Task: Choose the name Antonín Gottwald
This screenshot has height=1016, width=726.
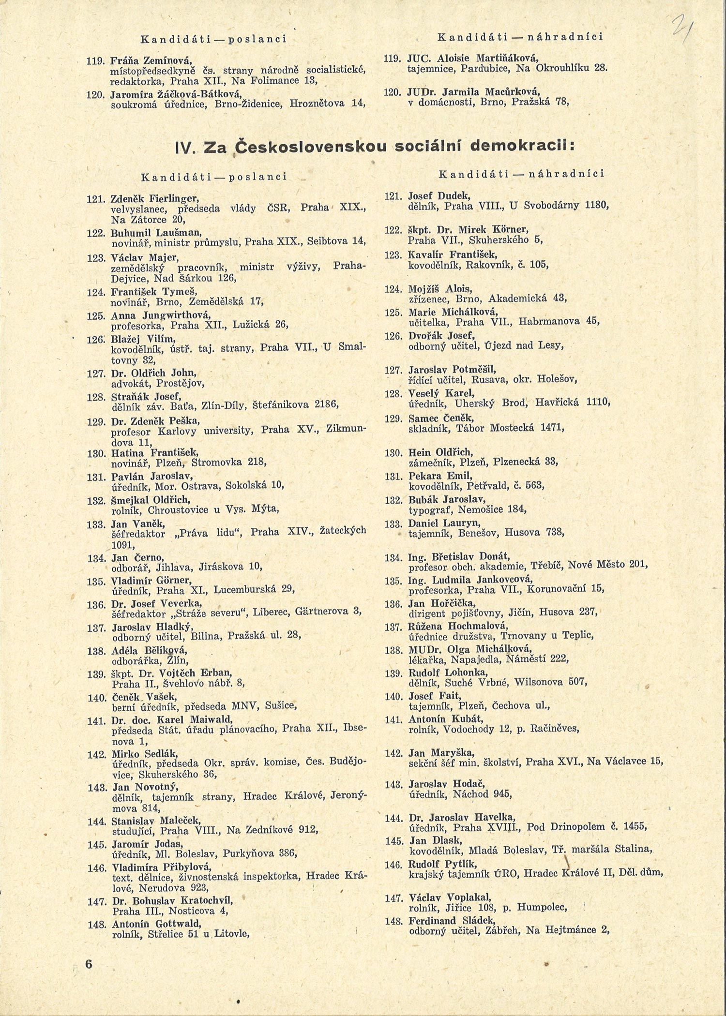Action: tap(156, 924)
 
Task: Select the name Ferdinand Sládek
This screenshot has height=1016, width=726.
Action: tap(449, 920)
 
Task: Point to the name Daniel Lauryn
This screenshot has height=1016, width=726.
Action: tap(444, 523)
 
